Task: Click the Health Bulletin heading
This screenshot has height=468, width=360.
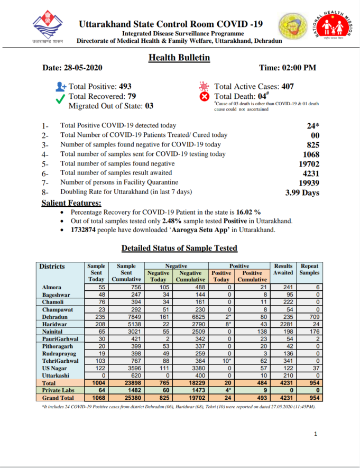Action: tap(179, 58)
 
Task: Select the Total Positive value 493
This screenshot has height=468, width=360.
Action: tap(125, 86)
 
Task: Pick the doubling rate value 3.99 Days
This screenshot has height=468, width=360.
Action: tap(302, 192)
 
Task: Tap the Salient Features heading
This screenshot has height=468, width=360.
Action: tap(71, 203)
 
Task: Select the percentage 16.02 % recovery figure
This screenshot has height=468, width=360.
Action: tap(247, 212)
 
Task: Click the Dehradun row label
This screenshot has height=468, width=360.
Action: tap(56, 316)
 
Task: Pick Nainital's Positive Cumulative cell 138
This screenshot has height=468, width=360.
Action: tap(252, 331)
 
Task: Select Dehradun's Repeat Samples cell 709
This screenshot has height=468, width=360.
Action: tap(309, 316)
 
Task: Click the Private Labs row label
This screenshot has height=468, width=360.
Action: tap(58, 390)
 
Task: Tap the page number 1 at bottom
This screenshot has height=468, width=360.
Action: tap(316, 434)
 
